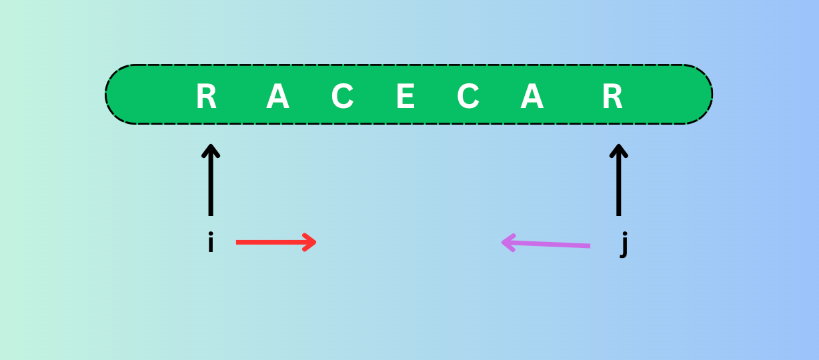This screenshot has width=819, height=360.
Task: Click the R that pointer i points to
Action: (206, 97)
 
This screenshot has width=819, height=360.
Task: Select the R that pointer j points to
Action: (612, 97)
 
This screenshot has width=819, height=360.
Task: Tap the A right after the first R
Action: (277, 97)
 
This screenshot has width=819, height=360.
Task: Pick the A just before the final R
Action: (532, 97)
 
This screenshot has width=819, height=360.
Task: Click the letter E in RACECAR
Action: (405, 97)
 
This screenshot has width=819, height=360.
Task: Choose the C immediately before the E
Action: (342, 97)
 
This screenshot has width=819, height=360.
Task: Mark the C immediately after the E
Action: (468, 97)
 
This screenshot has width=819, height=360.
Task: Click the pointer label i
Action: (211, 243)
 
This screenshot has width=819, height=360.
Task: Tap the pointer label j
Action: (624, 245)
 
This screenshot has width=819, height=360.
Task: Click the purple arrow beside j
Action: (546, 243)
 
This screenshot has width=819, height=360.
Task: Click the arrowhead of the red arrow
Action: (311, 242)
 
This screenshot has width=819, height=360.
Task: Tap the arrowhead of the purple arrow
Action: (506, 241)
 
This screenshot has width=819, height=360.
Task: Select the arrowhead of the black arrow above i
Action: (211, 149)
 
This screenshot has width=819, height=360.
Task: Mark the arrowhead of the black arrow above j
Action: (619, 149)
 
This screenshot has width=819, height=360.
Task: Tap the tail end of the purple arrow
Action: (588, 246)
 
